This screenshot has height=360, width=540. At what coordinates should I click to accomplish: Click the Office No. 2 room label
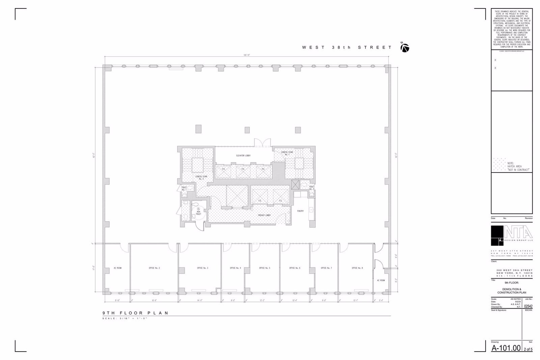[154, 268]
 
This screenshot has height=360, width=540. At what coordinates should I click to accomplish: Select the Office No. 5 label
[265, 268]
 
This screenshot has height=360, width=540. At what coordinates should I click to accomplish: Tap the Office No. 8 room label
[357, 268]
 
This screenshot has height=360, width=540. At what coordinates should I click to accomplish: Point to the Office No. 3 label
[202, 268]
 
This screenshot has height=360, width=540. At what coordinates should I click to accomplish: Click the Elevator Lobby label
[243, 156]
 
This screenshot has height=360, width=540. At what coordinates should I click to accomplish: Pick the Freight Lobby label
[265, 215]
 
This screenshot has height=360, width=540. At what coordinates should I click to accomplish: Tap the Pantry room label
[300, 211]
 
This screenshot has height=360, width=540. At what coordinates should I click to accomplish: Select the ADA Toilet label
[198, 213]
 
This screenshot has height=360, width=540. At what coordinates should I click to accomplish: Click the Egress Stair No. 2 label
[201, 177]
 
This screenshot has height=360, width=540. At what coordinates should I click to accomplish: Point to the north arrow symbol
[405, 48]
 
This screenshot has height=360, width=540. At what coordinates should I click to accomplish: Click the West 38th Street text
[347, 48]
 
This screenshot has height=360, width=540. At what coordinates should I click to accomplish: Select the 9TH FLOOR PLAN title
[136, 313]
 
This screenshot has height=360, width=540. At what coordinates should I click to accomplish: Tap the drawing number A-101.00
[506, 348]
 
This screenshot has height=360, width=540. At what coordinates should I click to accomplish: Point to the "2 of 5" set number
[528, 349]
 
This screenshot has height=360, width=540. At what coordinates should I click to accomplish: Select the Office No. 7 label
[326, 268]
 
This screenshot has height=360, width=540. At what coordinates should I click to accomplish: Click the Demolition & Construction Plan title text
[512, 291]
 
